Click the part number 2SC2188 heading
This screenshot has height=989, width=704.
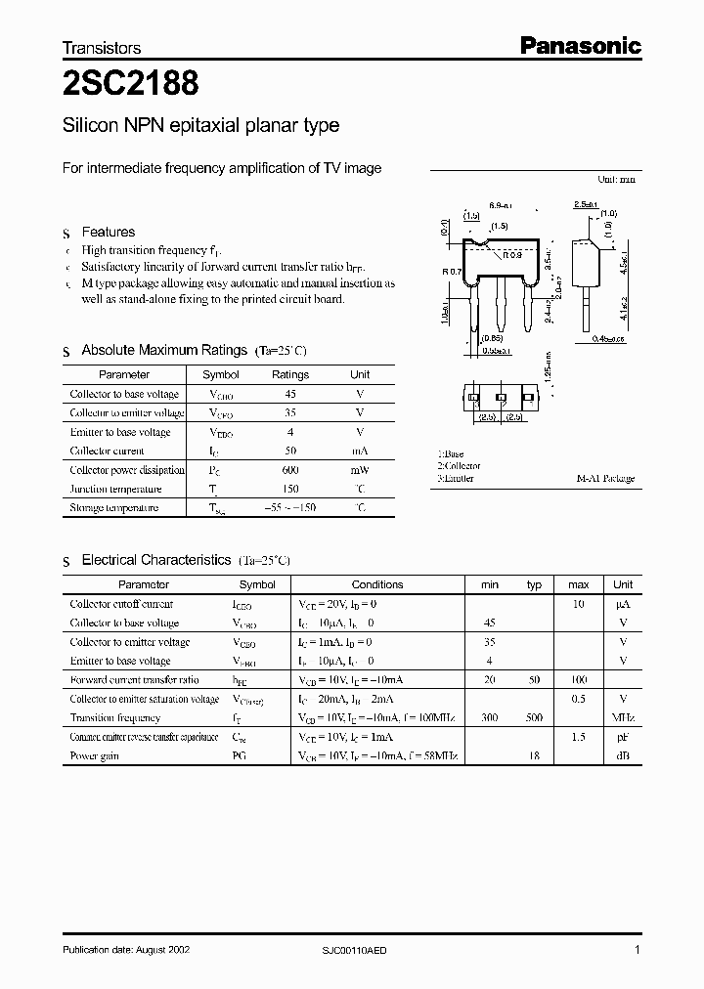point(131,85)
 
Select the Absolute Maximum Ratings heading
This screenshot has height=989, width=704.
point(163,350)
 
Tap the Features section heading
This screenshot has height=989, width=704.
point(108,232)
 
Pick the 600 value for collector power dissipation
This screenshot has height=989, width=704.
point(289,470)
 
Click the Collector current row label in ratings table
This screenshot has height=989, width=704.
point(107,451)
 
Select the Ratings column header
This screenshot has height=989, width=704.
point(289,374)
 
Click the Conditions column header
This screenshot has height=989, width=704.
point(376,584)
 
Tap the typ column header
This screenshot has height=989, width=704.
point(534,584)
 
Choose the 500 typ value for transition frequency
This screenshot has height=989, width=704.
point(534,717)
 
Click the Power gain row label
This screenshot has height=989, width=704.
point(96,756)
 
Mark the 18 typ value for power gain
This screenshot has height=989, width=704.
point(534,756)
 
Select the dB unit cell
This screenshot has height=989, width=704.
point(622,756)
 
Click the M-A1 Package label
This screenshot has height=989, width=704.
point(605,479)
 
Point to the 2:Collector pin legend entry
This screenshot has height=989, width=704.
point(460,466)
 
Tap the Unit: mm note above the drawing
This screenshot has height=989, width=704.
point(615,180)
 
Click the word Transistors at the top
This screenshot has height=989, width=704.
point(102,48)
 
